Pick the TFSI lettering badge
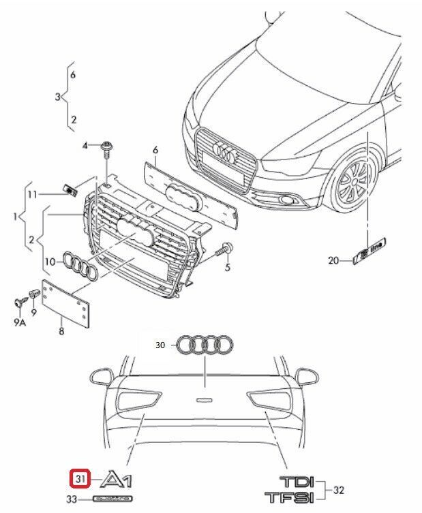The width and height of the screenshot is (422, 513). pos(290,496)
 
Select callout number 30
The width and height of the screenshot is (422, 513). pos(160,345)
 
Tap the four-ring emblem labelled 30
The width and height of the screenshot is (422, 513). pos(205,346)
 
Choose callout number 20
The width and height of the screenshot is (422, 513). pos(333,260)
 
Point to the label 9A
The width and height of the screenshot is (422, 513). pos(20,323)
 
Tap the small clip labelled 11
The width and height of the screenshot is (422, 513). pos(69,188)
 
